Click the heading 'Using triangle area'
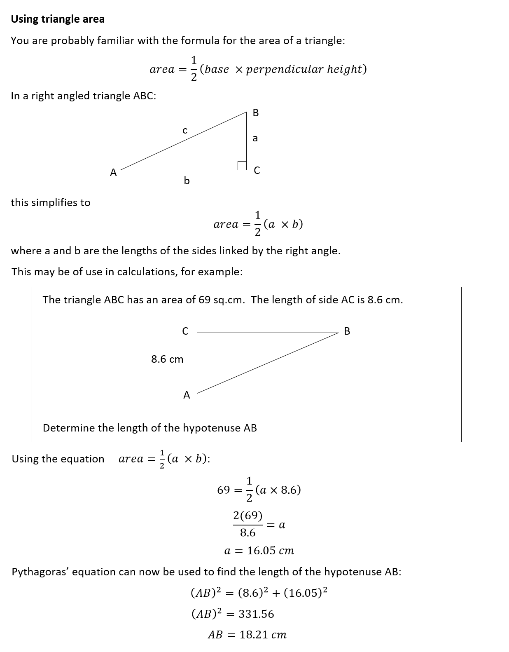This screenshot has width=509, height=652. pos(58,19)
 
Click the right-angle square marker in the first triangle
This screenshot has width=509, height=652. pos(242,165)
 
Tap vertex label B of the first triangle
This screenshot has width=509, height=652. pos(256,113)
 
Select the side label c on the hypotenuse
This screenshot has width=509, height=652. pos(185,131)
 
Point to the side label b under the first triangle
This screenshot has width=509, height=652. pos(187,181)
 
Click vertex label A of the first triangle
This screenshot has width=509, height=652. pos(113,173)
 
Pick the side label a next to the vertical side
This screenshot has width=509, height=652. pos(255,138)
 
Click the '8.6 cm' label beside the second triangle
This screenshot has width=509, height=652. pos(167,359)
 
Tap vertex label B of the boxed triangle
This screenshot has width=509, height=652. pos(347,331)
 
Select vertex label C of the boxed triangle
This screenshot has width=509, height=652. pos(185,331)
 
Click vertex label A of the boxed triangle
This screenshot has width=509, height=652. pos(187,395)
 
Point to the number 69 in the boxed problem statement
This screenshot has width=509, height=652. pos(205,300)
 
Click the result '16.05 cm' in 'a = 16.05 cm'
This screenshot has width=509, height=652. pos(271,551)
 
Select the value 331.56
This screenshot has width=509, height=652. pos(256,614)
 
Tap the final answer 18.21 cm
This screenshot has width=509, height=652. pos(263,635)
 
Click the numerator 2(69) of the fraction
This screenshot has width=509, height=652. pos(247,516)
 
